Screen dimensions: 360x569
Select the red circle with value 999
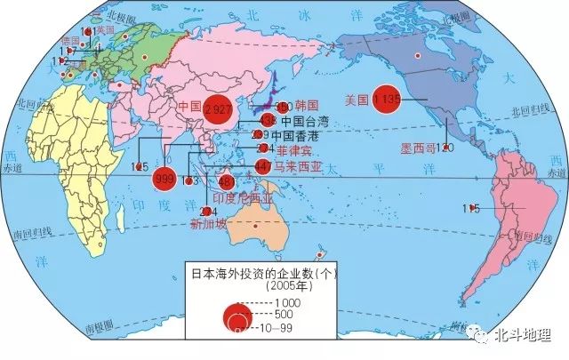pos(164,177)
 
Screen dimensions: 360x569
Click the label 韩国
pos(307,105)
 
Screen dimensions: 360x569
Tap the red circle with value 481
pos(227,181)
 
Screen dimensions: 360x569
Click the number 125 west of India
pos(140,166)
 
